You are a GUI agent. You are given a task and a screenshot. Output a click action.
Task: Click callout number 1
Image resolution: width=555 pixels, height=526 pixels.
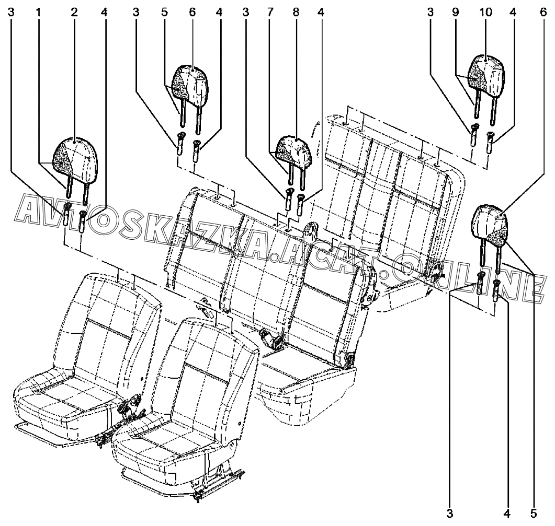38,13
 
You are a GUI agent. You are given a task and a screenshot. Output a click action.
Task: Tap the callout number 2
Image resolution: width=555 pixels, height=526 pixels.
74,13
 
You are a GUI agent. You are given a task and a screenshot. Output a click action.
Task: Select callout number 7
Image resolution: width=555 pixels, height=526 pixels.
270,13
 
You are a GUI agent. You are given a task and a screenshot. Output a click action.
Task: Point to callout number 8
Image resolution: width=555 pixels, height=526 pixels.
296,13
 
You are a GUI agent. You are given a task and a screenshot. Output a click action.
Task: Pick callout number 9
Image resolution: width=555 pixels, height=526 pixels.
455,13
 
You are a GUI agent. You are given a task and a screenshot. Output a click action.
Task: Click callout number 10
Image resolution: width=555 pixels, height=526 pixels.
486,13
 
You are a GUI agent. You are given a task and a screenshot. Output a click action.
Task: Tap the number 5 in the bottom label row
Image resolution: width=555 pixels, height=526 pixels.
534,513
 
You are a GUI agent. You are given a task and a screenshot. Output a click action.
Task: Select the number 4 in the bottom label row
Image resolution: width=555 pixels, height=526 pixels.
507,513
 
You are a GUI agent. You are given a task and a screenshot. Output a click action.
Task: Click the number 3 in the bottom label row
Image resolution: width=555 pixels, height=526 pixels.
449,513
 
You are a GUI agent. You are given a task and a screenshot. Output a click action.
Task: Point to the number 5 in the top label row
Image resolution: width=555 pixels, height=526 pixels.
164,13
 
